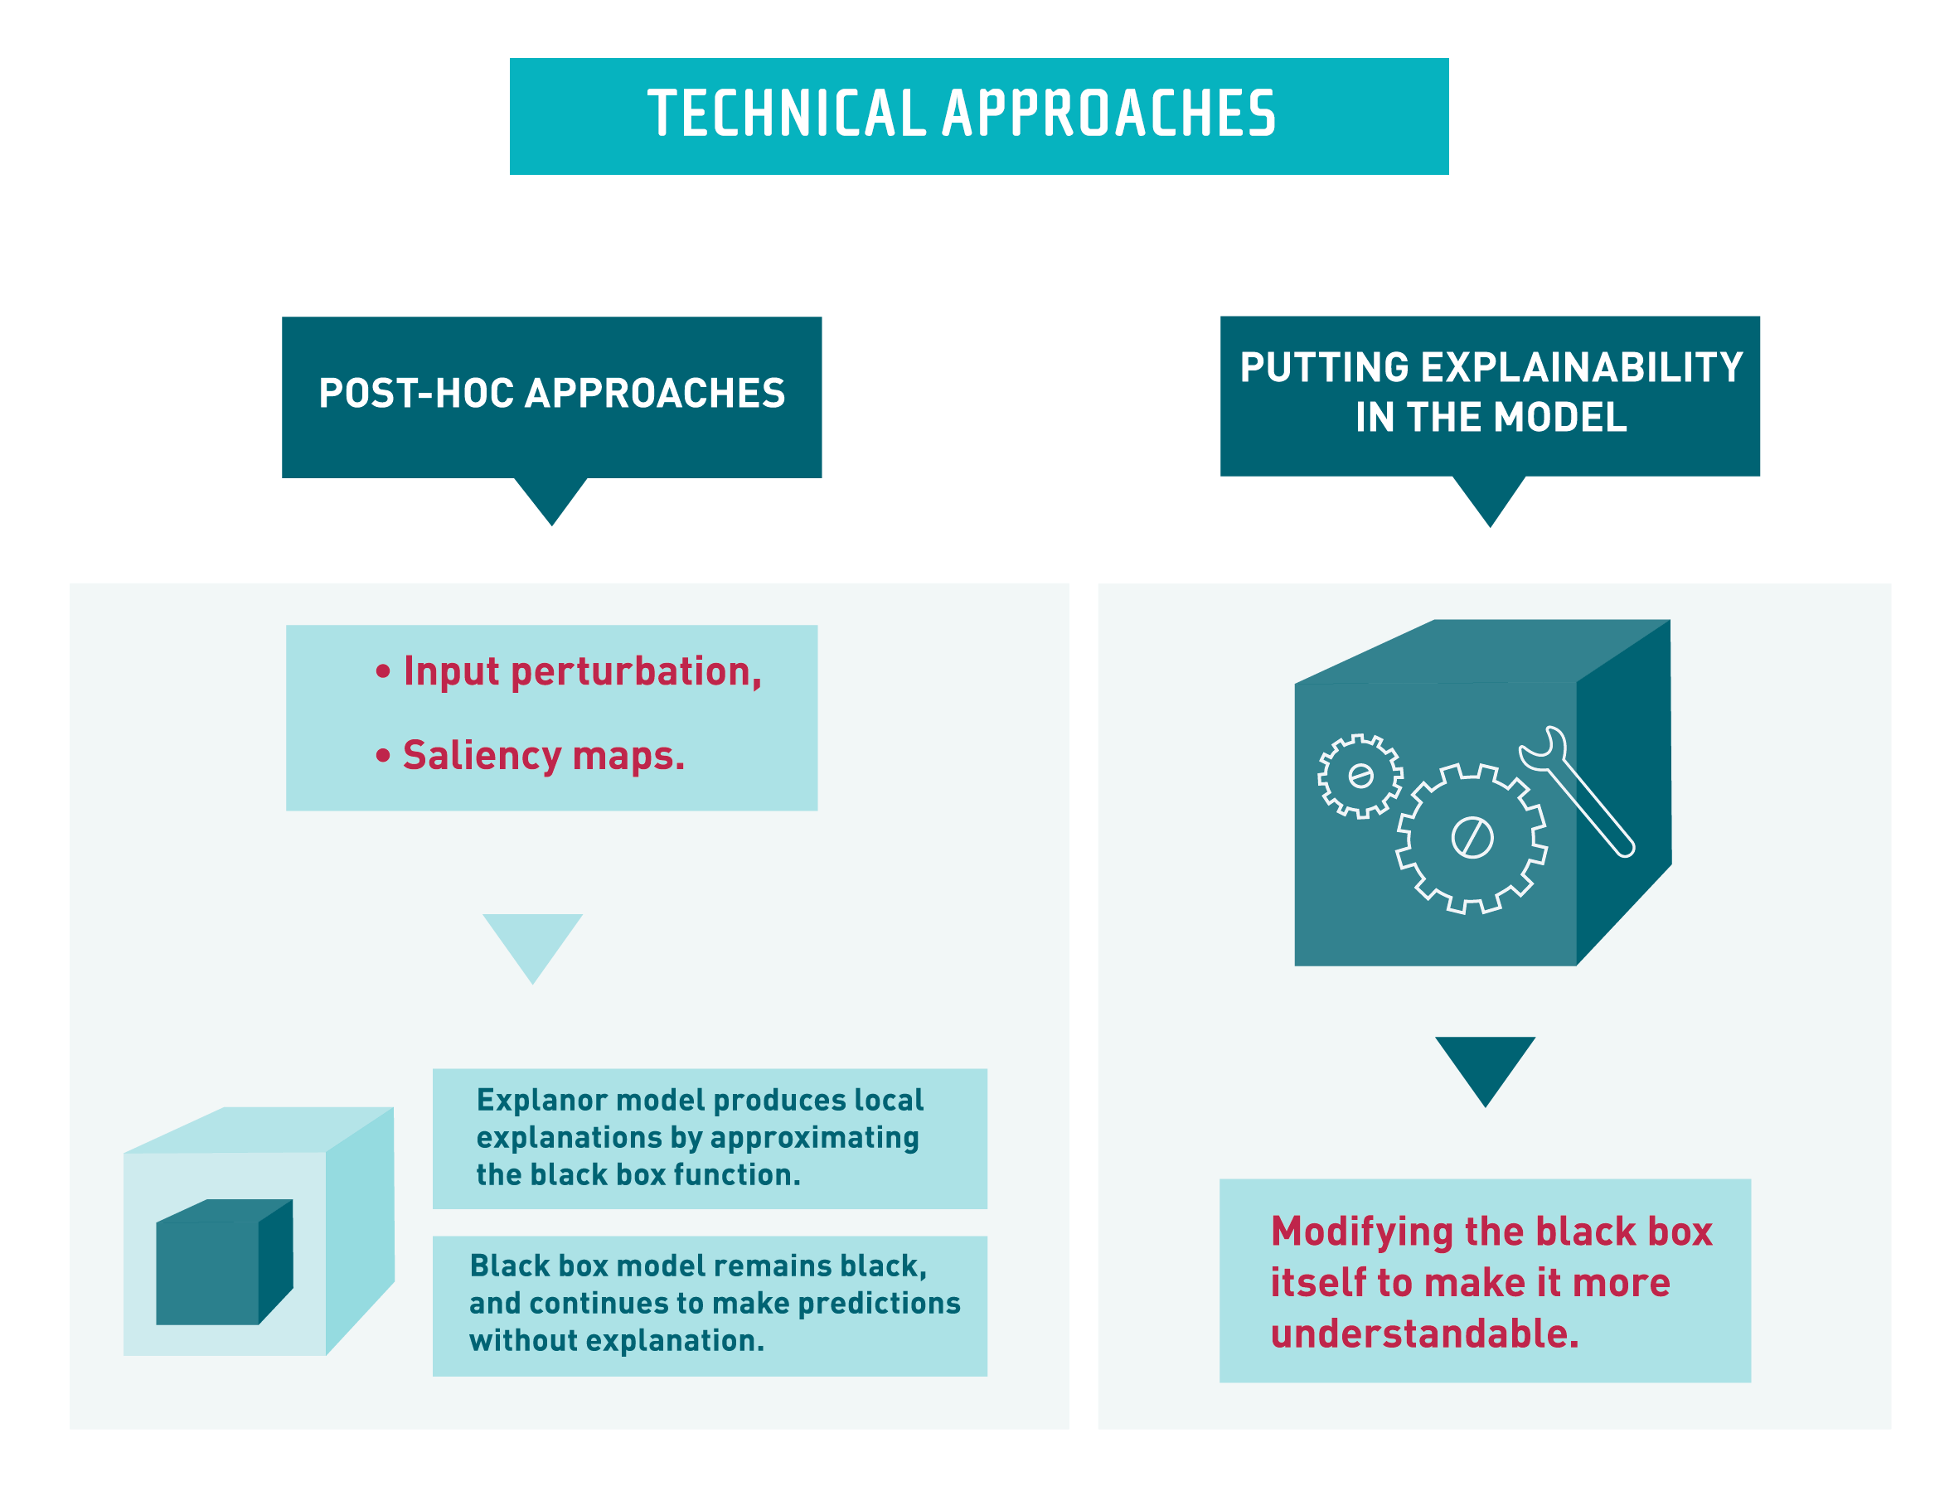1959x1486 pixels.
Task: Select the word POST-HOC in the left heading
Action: (x=415, y=393)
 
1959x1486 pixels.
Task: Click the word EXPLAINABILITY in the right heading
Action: (x=1582, y=367)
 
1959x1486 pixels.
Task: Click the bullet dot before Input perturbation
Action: (x=382, y=671)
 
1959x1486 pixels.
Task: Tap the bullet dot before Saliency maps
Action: (x=382, y=755)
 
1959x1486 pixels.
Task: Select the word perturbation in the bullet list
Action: (x=636, y=671)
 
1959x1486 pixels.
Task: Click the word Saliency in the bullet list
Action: (x=481, y=755)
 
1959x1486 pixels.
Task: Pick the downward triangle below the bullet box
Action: (x=532, y=942)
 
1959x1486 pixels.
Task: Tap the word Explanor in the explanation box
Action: (x=542, y=1100)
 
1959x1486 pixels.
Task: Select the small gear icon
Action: (x=1360, y=776)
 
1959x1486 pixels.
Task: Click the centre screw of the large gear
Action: (x=1472, y=837)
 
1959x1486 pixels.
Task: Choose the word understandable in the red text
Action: (x=1424, y=1334)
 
